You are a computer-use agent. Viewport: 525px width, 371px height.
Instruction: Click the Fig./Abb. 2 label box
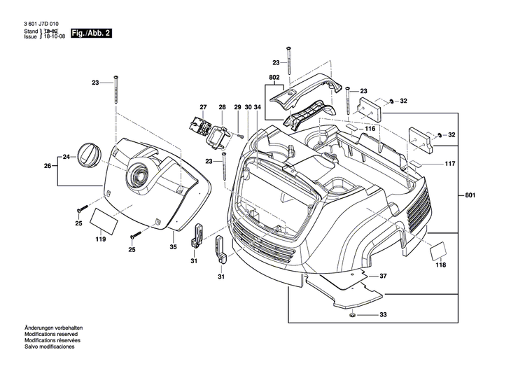[90, 33]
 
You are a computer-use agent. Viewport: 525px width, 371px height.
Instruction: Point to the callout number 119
[101, 239]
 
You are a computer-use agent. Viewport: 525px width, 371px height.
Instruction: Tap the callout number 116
[370, 129]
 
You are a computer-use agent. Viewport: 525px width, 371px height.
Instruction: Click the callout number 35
[173, 246]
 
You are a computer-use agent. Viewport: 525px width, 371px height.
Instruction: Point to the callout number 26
[48, 166]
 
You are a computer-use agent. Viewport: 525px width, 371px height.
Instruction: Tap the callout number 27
[203, 107]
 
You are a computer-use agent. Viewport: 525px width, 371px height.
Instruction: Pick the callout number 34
[258, 107]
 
